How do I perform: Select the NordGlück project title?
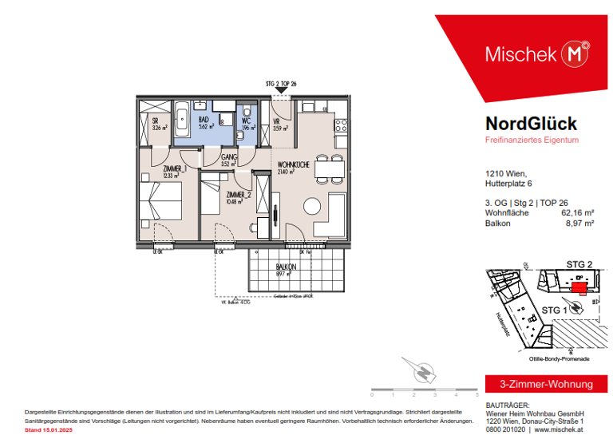click(531, 123)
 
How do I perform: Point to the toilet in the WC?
click(248, 111)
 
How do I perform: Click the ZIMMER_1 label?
click(175, 169)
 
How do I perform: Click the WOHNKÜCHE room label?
click(291, 164)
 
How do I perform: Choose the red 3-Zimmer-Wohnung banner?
click(540, 385)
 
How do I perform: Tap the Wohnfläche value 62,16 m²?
click(574, 212)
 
